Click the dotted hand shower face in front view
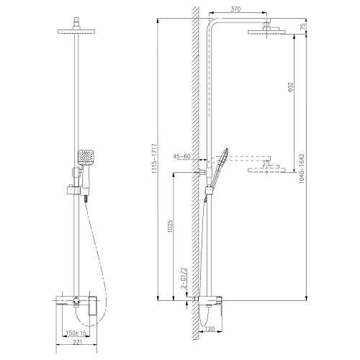[85, 156]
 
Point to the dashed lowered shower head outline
[265, 170]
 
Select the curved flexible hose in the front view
[99, 252]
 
